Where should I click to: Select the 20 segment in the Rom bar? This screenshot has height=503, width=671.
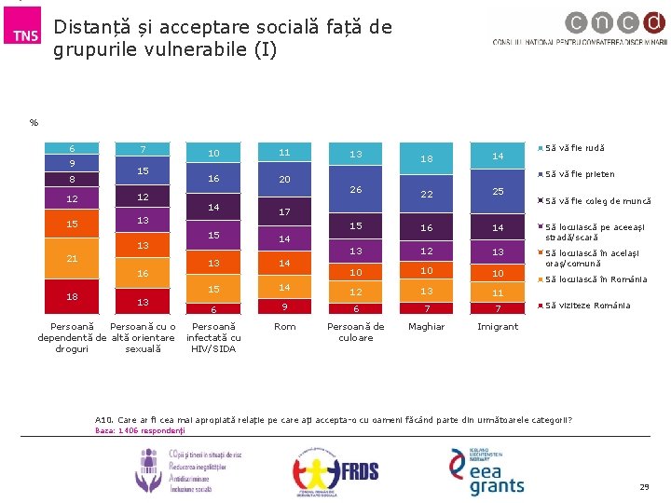(284, 179)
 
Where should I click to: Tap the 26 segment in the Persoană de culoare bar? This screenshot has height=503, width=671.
(355, 190)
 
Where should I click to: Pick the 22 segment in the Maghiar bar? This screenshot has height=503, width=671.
(426, 194)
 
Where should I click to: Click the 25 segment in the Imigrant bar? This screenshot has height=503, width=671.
(498, 191)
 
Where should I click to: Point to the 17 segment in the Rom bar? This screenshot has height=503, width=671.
(284, 212)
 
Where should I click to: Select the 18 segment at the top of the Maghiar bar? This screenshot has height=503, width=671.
(426, 159)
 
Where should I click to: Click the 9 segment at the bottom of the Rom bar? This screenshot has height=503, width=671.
(284, 306)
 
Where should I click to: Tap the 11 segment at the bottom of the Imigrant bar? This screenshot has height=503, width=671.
(498, 292)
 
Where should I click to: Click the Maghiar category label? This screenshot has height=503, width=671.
(426, 327)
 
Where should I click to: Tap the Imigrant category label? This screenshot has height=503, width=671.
(498, 327)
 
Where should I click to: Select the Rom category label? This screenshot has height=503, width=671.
(284, 327)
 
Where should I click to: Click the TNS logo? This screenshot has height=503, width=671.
(25, 35)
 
